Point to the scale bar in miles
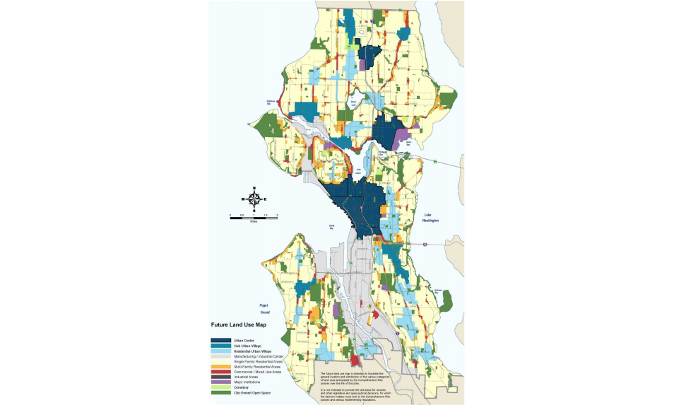tap(253, 216)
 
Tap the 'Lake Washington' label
tap(432, 218)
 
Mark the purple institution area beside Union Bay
tap(402, 137)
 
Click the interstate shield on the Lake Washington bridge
tap(425, 244)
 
